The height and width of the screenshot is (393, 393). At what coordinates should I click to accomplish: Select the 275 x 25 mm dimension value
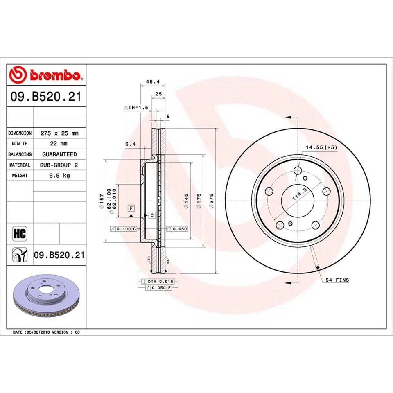point(59,133)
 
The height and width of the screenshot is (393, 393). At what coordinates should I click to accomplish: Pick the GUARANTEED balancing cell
point(59,154)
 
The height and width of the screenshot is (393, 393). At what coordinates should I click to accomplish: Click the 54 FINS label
point(337,280)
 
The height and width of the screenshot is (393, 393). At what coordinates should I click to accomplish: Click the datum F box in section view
point(131,208)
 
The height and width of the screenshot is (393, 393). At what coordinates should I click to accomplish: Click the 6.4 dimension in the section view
point(130,144)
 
